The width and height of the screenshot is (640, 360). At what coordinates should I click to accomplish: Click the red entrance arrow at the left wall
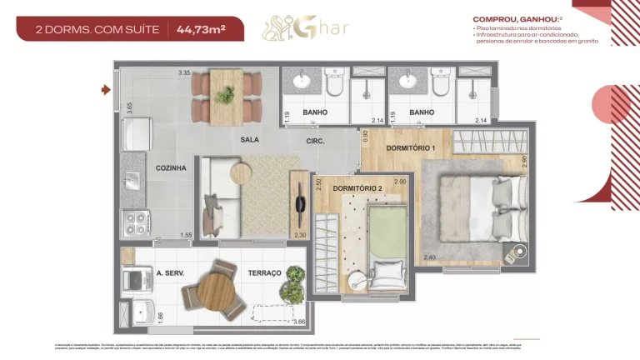106,89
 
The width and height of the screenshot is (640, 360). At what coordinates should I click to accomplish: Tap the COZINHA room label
170,168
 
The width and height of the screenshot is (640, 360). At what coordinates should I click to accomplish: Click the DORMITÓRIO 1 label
411,148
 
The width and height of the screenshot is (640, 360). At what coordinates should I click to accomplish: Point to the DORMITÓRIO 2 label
357,188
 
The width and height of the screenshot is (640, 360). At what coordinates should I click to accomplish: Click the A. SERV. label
170,273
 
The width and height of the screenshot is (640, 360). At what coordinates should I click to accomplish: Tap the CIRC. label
315,140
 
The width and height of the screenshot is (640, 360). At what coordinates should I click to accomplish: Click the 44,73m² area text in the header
200,29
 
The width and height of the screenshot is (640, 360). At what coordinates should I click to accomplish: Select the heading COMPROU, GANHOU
509,18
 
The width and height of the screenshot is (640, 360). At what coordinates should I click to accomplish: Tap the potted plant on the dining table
224,95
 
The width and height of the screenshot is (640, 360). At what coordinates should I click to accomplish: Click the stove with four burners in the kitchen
135,222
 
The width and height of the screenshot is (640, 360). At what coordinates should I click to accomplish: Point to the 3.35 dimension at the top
184,73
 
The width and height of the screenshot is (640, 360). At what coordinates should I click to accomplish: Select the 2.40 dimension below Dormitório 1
429,257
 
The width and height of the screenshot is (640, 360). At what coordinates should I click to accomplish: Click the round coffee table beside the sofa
242,172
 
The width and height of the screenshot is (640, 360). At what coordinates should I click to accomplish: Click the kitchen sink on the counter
132,179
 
